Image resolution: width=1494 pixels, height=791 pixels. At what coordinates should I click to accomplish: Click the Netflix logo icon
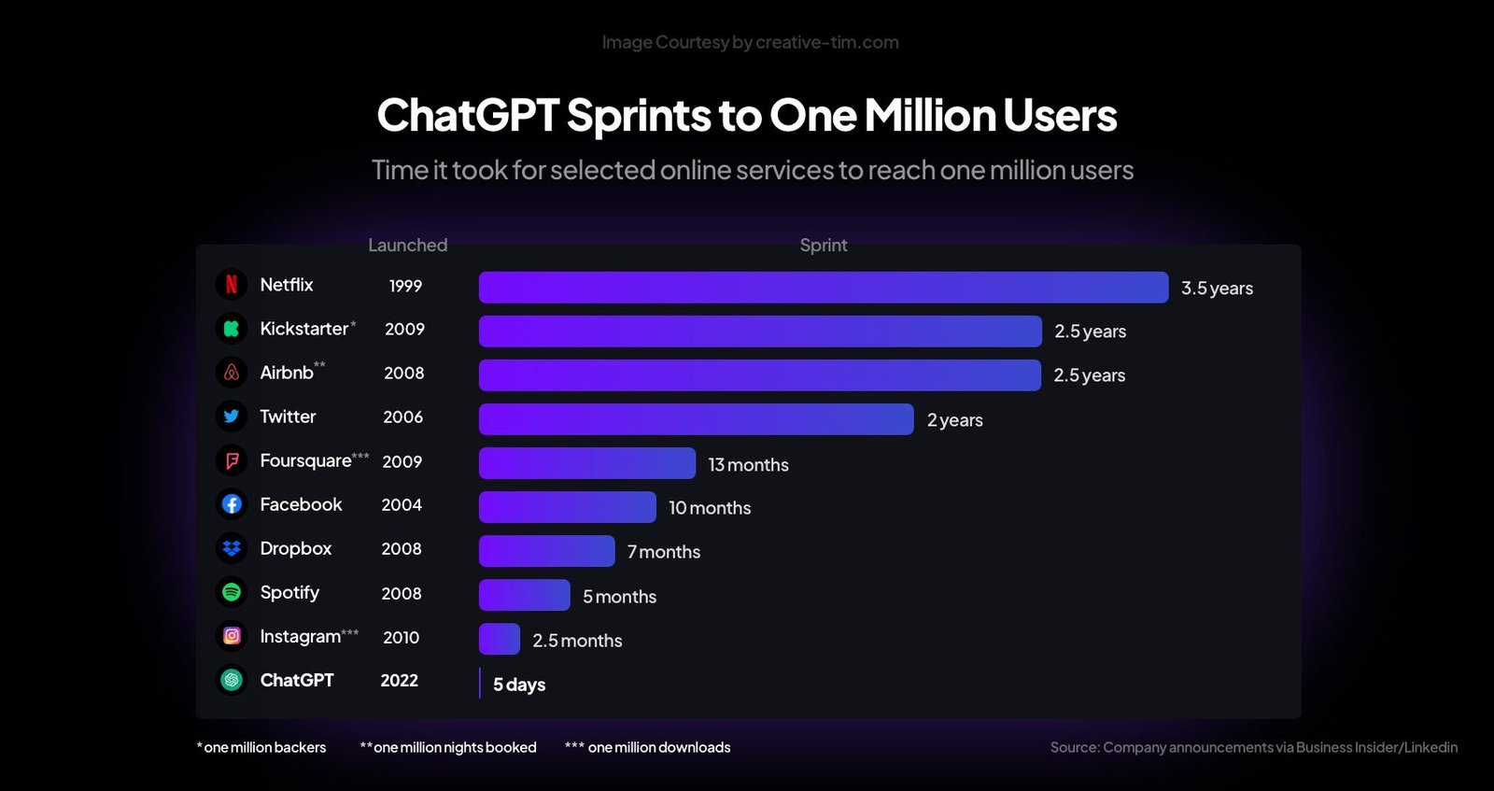[232, 284]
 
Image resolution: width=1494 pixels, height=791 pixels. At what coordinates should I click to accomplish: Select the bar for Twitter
[696, 419]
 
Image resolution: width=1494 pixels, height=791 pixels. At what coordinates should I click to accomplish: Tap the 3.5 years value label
[1217, 289]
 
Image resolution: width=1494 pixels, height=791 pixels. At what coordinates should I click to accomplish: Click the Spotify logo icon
[232, 592]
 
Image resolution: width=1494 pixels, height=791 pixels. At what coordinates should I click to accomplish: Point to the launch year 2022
[399, 681]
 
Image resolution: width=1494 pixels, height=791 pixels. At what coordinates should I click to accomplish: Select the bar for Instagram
[500, 639]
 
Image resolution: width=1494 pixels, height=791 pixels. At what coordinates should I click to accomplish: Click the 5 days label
[519, 685]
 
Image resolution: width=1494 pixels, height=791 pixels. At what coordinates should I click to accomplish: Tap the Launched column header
[407, 245]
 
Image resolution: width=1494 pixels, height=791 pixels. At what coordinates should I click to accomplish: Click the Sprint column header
[823, 245]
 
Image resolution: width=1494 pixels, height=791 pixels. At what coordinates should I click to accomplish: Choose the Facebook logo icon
[232, 504]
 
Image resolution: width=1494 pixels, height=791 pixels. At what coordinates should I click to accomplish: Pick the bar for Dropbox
[546, 551]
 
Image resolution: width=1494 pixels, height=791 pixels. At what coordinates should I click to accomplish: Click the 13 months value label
[748, 465]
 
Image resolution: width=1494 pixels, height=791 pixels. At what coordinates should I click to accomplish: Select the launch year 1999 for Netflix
[405, 286]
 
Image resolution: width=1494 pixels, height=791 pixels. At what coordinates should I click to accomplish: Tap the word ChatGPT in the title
[467, 116]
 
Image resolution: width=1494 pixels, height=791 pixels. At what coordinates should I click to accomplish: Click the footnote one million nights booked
[448, 747]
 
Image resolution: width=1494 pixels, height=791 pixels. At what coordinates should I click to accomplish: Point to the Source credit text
[1253, 747]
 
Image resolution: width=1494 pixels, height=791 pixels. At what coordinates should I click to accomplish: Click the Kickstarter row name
[304, 329]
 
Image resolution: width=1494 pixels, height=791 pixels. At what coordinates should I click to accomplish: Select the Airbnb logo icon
[232, 372]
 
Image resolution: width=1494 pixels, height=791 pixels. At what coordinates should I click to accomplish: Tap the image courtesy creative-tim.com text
[750, 42]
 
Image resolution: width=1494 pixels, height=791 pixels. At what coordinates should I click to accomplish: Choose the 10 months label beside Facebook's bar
[710, 508]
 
